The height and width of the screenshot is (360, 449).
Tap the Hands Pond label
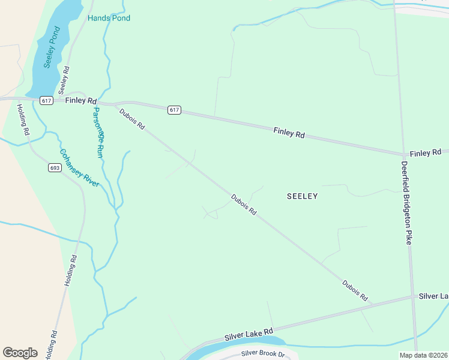point(109,18)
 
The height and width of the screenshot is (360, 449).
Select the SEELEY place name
point(302,196)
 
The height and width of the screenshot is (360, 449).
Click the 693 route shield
point(55,168)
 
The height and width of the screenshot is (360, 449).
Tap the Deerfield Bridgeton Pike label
point(407,203)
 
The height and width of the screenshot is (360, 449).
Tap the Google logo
point(20,353)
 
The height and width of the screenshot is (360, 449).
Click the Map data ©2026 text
point(423,355)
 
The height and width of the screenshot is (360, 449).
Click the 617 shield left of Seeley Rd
point(46,100)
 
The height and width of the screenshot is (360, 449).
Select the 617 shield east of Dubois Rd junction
point(173,110)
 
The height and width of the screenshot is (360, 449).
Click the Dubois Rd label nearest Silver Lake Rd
point(355,291)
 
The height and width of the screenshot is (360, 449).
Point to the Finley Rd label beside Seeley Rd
point(81,101)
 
